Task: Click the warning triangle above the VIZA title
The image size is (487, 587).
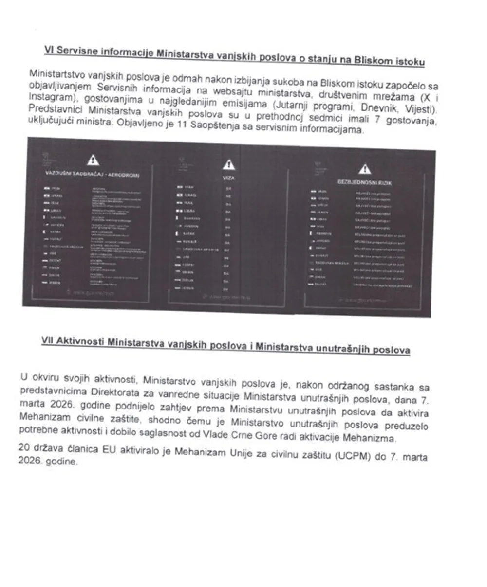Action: click(227, 166)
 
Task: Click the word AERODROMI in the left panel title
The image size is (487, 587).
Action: click(124, 175)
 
